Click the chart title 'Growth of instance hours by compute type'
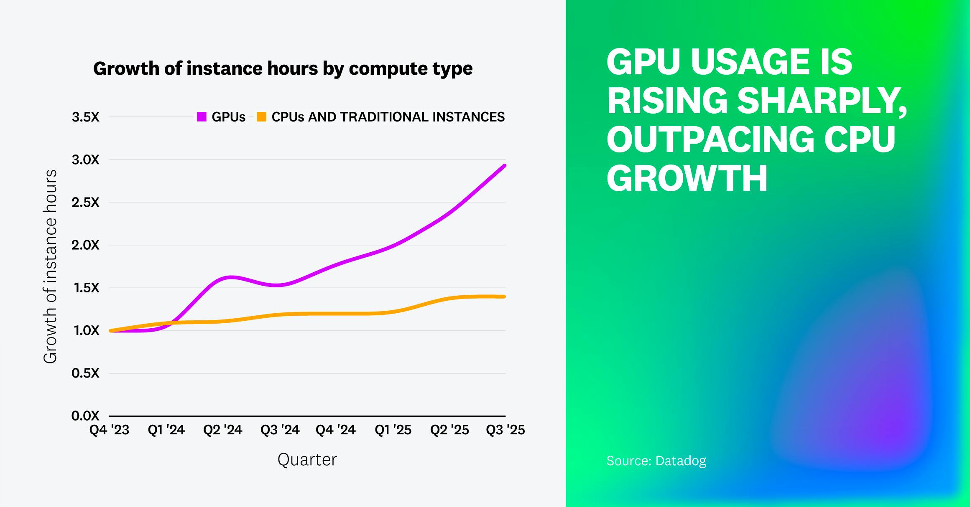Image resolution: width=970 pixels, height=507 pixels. pyautogui.click(x=283, y=68)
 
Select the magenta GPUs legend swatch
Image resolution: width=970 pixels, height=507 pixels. pyautogui.click(x=202, y=117)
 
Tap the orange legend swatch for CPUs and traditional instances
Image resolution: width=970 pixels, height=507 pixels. pyautogui.click(x=261, y=117)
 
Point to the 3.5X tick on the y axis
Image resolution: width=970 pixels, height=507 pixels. pyautogui.click(x=85, y=117)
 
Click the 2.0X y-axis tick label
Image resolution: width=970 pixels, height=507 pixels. pyautogui.click(x=85, y=245)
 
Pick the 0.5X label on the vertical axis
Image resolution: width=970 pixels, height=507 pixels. pyautogui.click(x=85, y=373)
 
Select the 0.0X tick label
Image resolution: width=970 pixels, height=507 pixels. pyautogui.click(x=85, y=416)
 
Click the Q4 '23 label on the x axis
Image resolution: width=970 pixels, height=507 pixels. pyautogui.click(x=110, y=430)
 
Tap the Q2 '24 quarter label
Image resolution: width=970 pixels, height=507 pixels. pyautogui.click(x=223, y=430)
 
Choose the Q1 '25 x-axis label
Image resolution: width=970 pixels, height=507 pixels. pyautogui.click(x=393, y=430)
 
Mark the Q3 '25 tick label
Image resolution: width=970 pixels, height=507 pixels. pyautogui.click(x=505, y=430)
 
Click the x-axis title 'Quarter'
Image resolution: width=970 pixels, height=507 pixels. pyautogui.click(x=307, y=459)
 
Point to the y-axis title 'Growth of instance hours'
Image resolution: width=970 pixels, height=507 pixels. pyautogui.click(x=50, y=266)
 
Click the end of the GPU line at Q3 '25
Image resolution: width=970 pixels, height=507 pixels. pyautogui.click(x=504, y=166)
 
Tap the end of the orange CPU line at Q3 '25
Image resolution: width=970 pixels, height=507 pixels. pyautogui.click(x=504, y=297)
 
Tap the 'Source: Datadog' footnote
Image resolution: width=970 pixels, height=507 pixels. pyautogui.click(x=656, y=461)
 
